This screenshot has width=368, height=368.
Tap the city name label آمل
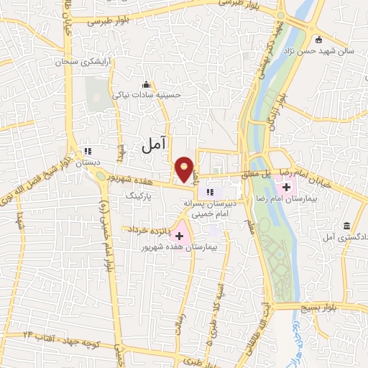(154, 145)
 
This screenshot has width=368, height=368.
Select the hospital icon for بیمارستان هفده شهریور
(179, 235)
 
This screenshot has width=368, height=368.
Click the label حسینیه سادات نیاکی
(146, 94)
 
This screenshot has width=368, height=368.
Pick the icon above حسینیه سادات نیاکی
(147, 83)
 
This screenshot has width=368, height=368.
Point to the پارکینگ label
(139, 195)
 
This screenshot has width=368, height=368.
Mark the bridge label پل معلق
(254, 173)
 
